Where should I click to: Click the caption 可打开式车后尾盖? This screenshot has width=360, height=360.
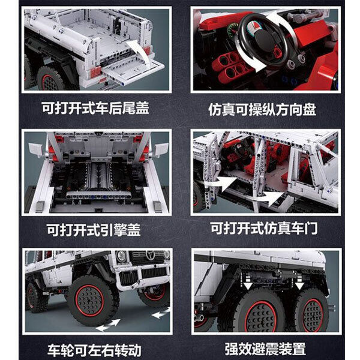tap(95, 108)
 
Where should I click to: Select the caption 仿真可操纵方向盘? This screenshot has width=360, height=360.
tap(262, 110)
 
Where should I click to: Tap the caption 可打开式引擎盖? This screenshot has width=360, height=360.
tap(94, 230)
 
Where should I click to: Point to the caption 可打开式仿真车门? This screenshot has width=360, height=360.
tap(264, 228)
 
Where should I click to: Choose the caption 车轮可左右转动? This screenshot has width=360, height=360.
tap(94, 350)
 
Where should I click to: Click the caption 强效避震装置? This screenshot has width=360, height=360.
tap(265, 349)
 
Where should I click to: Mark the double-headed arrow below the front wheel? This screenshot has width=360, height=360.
tap(108, 325)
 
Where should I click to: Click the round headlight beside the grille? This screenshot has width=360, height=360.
tap(121, 256)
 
